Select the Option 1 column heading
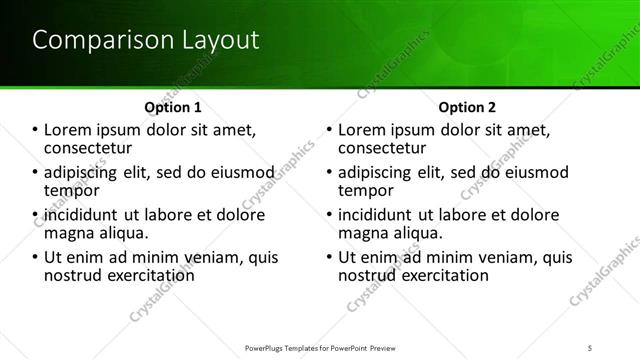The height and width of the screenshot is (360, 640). click(x=173, y=106)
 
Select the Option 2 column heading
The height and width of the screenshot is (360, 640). click(x=467, y=106)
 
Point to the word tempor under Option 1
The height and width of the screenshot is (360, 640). click(x=72, y=190)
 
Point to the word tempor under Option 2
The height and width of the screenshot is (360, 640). click(x=366, y=190)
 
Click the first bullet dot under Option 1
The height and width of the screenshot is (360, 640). click(x=35, y=130)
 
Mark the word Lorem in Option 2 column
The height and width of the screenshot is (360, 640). click(x=364, y=129)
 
